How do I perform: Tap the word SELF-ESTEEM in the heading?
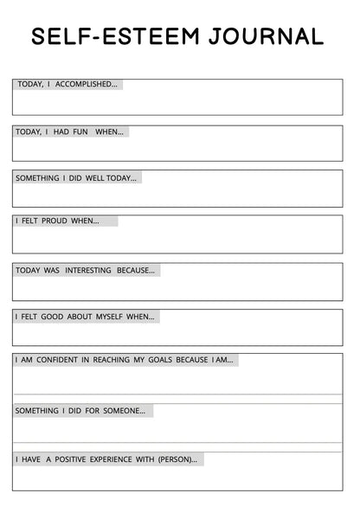pos(110,36)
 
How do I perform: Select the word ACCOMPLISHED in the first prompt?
pos(87,84)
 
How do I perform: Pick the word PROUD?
pos(55,221)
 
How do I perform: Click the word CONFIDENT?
pos(58,359)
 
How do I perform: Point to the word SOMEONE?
pos(124,410)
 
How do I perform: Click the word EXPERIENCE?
pos(115,458)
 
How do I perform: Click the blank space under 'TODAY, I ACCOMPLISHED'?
pos(177,102)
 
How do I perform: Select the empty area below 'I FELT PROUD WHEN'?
pos(177,239)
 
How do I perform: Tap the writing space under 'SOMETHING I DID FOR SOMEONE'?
pos(177,429)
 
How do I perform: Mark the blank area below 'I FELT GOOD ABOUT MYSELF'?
pos(177,333)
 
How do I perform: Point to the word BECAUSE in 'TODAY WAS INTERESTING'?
pos(136,270)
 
